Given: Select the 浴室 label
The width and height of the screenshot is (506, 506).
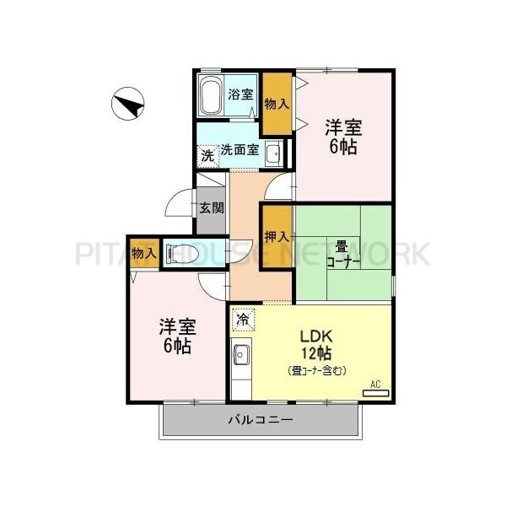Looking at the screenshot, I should (240, 94).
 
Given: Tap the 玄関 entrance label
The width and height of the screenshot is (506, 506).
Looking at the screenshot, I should (212, 207).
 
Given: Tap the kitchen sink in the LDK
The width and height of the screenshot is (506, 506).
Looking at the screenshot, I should (240, 356).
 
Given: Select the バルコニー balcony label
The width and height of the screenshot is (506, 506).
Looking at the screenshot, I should (261, 420).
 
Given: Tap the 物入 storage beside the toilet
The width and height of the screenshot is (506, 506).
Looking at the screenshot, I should (143, 252).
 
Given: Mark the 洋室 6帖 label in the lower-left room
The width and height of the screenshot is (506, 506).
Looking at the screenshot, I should (178, 336).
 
